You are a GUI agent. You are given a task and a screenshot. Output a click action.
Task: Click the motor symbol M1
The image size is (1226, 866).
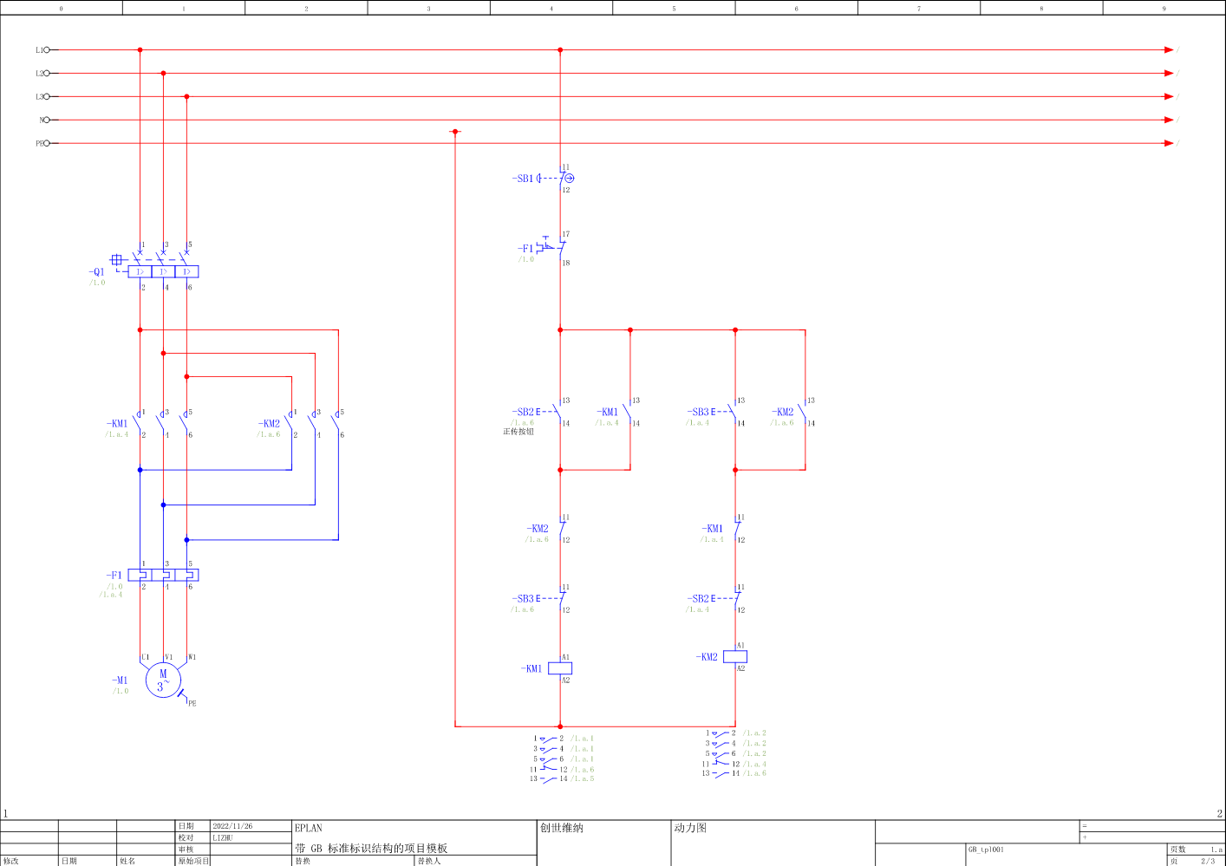pos(162,680)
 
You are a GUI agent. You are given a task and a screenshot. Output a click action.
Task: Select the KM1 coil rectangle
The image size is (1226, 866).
pos(560,668)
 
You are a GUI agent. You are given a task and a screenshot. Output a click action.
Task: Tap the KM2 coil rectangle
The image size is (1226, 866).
pos(735,656)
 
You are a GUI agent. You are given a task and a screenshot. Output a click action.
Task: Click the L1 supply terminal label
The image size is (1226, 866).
pos(40,50)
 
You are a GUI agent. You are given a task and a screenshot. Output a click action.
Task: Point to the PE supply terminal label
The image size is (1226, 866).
pos(40,143)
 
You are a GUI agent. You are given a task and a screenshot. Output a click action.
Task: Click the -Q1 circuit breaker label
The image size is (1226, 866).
pos(96,271)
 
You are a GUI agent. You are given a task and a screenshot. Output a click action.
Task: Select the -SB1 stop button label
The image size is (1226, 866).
pos(523,179)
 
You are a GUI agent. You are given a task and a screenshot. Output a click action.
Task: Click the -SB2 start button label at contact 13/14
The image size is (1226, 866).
pos(523,412)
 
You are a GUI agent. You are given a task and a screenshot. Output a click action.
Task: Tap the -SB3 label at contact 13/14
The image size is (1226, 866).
pos(698,412)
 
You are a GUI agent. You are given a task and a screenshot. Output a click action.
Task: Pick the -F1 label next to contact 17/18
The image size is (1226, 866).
pos(526,249)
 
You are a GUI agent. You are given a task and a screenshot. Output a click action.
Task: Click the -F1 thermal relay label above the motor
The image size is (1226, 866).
pos(114,575)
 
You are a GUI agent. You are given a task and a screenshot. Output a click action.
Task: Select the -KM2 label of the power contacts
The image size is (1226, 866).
pos(269,424)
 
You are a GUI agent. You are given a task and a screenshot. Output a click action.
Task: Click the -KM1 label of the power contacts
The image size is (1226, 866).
pos(117,424)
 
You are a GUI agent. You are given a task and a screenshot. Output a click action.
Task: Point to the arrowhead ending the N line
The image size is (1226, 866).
pos(1169,120)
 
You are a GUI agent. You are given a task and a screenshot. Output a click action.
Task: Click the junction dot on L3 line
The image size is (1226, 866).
pos(186,96)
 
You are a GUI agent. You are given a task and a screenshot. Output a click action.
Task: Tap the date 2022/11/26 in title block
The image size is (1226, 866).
pos(232,826)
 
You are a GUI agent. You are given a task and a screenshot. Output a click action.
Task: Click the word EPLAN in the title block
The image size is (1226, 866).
pos(308,828)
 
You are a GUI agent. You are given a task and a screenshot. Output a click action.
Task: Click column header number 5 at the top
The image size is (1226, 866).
pos(674,9)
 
